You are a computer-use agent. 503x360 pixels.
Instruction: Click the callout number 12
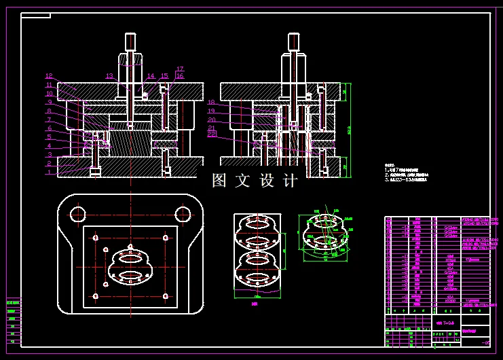[x=49, y=76]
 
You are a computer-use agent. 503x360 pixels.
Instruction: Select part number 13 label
[x=109, y=76]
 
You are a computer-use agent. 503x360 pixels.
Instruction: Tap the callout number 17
[x=180, y=69]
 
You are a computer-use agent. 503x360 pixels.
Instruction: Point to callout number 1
[x=49, y=173]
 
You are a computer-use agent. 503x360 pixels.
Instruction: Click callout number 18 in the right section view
[x=211, y=103]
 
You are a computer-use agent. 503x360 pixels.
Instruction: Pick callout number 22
[x=211, y=134]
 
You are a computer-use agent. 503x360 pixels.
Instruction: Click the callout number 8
[x=49, y=111]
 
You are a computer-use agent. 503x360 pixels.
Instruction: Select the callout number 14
[x=151, y=77]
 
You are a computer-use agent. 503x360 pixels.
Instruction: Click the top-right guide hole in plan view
[x=183, y=215]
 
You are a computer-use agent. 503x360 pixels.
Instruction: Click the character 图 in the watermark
[x=219, y=181]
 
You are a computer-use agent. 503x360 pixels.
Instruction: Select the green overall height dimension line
[x=350, y=129]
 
